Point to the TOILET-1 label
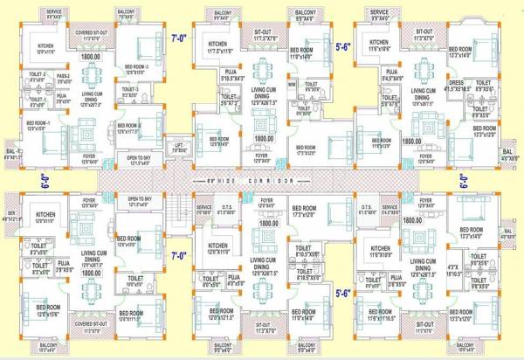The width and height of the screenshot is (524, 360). point(38,98)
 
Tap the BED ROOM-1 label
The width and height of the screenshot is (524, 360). point(39,123)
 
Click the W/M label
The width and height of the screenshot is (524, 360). point(293,85)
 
